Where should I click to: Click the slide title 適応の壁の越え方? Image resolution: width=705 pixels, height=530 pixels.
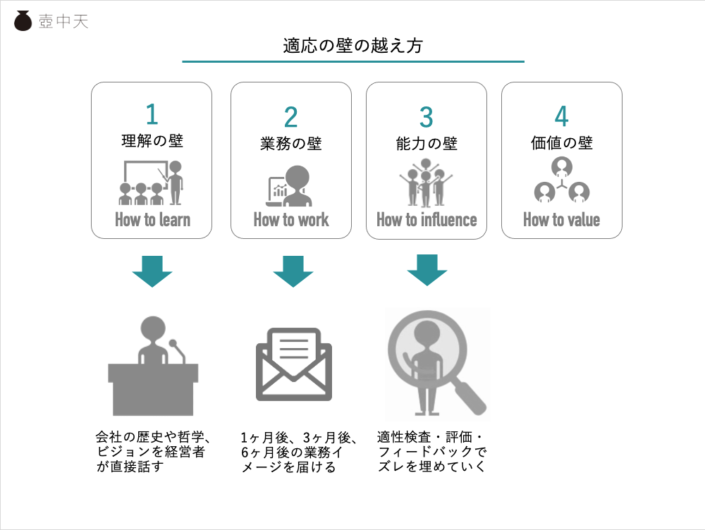click(x=352, y=47)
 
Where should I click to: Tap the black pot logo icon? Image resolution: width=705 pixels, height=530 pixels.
click(x=23, y=21)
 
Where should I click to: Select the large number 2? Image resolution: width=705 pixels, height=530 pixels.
click(x=290, y=117)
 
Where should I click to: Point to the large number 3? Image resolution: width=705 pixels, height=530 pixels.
click(x=426, y=117)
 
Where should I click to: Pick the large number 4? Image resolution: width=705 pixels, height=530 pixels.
click(x=561, y=117)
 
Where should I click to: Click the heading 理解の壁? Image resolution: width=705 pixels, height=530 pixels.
click(x=152, y=141)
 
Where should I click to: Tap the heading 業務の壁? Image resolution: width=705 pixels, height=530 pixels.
click(x=290, y=144)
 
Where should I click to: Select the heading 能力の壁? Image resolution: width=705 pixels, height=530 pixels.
click(x=426, y=144)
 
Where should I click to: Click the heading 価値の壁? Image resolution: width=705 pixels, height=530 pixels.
click(x=561, y=144)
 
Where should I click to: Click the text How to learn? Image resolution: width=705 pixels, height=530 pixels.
click(x=152, y=219)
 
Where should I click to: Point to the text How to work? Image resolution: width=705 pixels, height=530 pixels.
click(x=290, y=219)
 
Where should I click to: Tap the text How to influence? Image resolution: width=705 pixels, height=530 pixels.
click(x=427, y=219)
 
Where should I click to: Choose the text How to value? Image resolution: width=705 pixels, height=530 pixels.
click(x=561, y=219)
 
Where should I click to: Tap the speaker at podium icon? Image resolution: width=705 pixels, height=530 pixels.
click(x=153, y=368)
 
